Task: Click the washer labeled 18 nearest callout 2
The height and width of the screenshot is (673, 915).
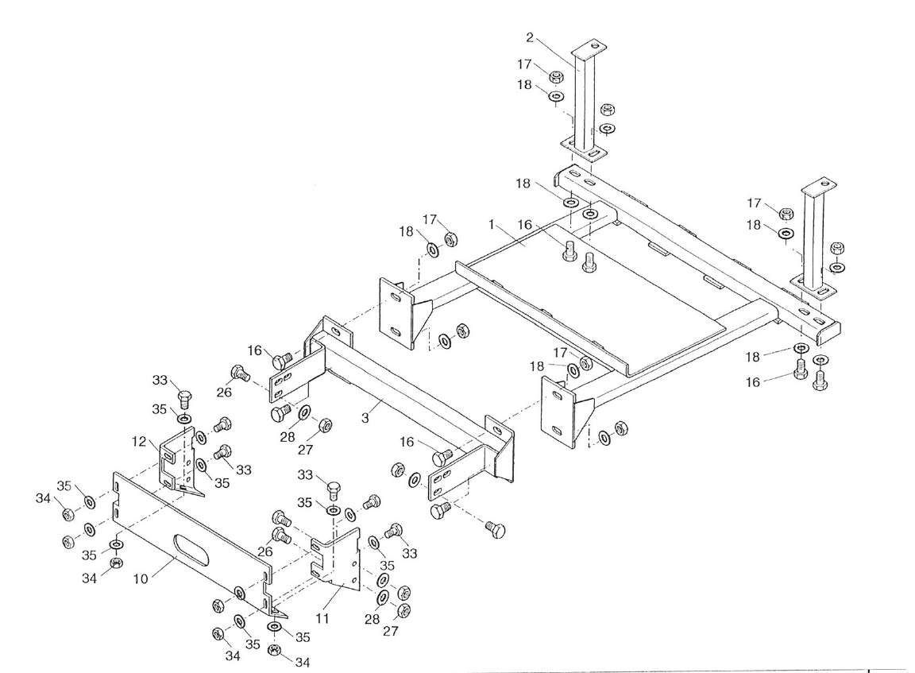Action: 557,96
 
